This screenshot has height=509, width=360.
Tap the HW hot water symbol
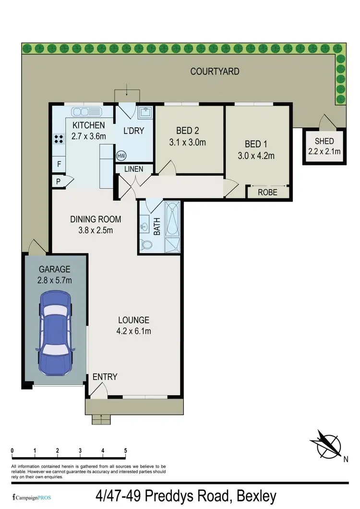pos(121,156)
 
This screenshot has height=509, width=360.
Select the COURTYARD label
pos(215,72)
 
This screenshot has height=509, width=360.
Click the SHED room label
pos(324,141)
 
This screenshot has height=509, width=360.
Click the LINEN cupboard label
pos(134,169)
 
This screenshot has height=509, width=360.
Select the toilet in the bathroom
pos(146,245)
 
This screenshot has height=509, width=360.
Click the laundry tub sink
pos(144,113)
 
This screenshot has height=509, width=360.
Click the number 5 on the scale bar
pos(125,451)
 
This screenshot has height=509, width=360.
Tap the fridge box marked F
pos(59,164)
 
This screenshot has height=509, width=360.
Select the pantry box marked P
pos(58,181)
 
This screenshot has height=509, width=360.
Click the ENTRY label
pos(105,377)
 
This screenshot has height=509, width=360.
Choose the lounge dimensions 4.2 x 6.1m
pos(134,330)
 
